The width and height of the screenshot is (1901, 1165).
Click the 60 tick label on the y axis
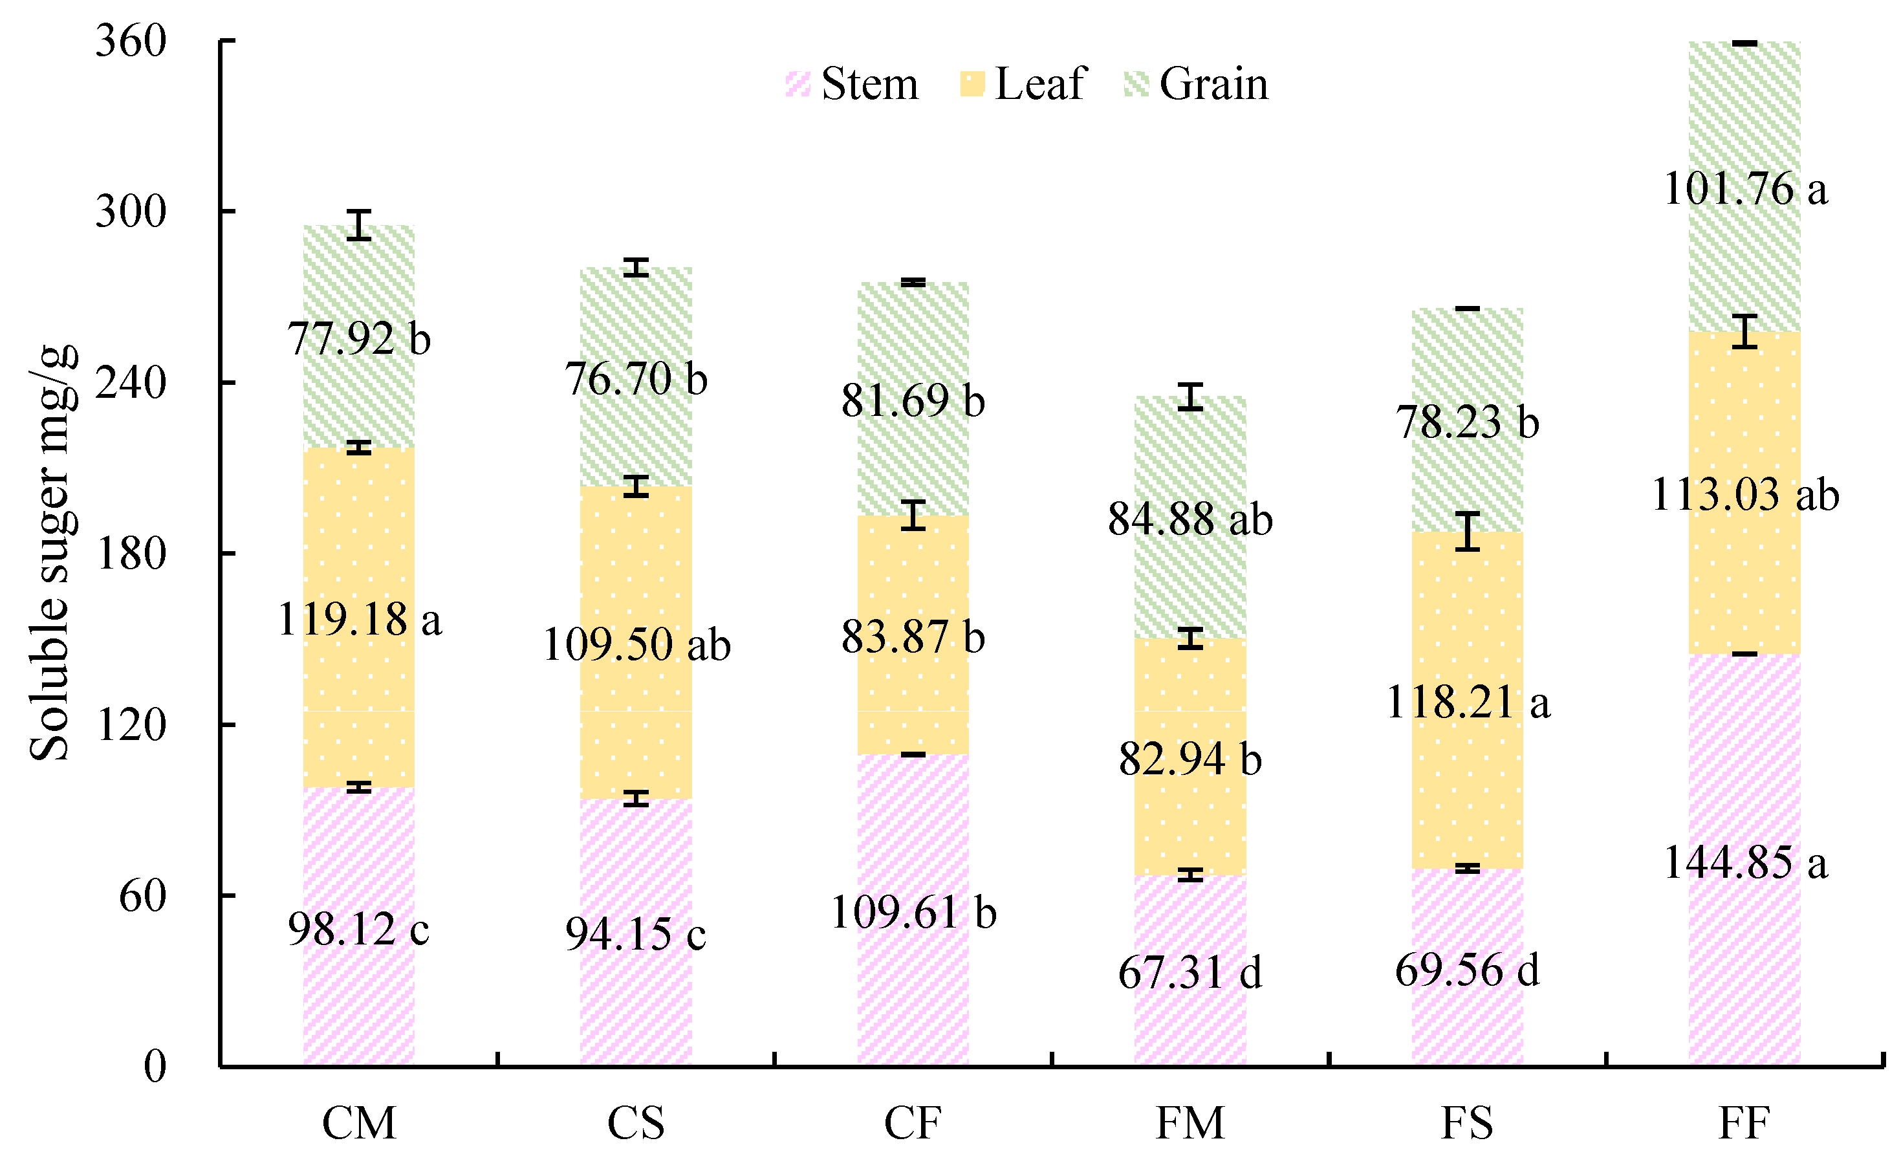[143, 896]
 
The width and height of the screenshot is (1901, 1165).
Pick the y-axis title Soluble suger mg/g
[52, 552]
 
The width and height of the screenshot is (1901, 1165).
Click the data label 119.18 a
[360, 620]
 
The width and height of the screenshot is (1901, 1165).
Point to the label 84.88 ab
[1190, 519]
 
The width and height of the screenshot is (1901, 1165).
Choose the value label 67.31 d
[1190, 972]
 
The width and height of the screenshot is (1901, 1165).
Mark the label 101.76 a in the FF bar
[1745, 189]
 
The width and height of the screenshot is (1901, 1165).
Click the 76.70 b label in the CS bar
[636, 379]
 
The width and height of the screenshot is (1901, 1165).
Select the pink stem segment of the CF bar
[913, 996]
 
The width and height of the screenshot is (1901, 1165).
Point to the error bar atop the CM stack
[359, 224]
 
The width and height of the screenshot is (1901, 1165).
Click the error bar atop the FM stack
[1190, 397]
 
